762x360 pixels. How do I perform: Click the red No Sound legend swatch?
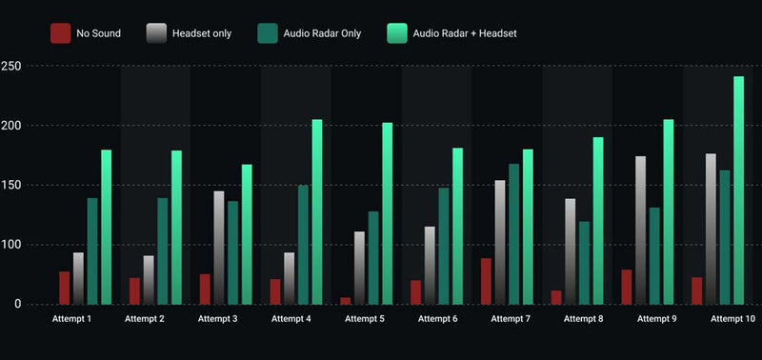click(61, 33)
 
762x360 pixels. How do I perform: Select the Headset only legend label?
click(201, 33)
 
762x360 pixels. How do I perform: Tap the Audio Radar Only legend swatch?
click(269, 33)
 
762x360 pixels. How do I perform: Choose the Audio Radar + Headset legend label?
click(465, 33)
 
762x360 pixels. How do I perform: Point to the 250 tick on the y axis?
click(12, 66)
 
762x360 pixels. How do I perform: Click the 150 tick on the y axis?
click(12, 185)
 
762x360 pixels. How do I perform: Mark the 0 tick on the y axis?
click(17, 304)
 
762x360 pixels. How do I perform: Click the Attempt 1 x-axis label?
click(71, 318)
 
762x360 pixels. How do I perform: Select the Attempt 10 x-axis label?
click(733, 318)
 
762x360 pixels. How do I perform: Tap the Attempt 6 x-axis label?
click(437, 318)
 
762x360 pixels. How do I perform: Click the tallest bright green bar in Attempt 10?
click(738, 190)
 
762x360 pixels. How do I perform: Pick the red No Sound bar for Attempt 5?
click(346, 300)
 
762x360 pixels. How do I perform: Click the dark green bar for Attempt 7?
click(514, 234)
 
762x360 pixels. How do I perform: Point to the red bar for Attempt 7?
click(486, 281)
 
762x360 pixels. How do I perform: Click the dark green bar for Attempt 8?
click(585, 263)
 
